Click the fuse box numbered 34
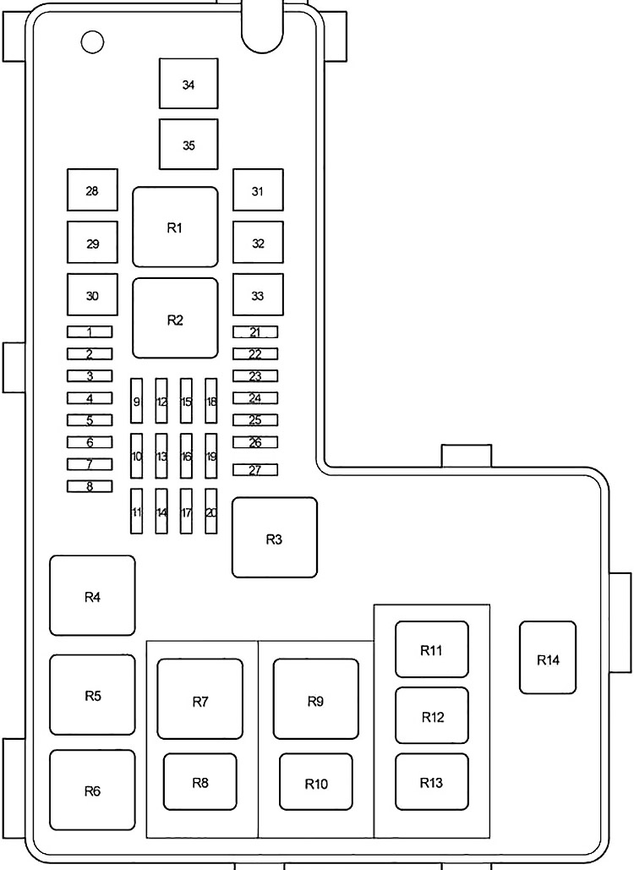[x=189, y=85]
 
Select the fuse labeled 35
[x=189, y=145]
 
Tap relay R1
[x=175, y=227]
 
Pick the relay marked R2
[x=175, y=319]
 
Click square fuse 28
[x=92, y=190]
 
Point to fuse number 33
[x=258, y=295]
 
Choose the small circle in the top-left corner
[x=91, y=41]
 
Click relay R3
[x=274, y=538]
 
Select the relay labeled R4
[x=92, y=595]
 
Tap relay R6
[x=92, y=790]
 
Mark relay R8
[x=200, y=782]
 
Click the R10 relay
[x=316, y=783]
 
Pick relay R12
[x=432, y=716]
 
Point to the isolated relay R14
[x=548, y=659]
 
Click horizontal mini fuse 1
[x=90, y=332]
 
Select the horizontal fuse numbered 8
[x=90, y=486]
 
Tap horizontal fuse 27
[x=255, y=470]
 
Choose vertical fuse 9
[x=136, y=401]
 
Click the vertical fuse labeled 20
[x=211, y=511]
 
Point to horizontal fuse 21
[x=255, y=332]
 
